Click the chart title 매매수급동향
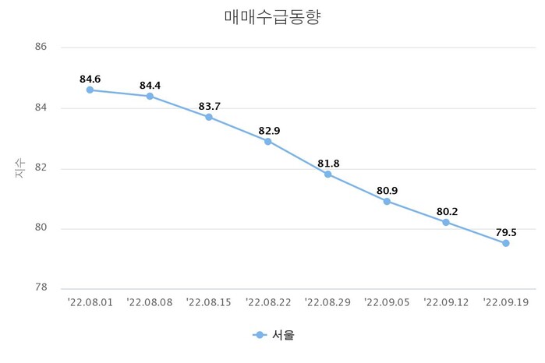coord(272,17)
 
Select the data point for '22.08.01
coord(90,90)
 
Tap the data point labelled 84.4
coord(150,97)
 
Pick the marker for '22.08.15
coord(209,117)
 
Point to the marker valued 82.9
coord(268,142)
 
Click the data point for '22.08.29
coord(327,174)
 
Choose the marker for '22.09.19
coord(505,243)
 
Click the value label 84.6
coord(90,79)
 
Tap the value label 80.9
coord(387,190)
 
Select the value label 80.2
coord(446,210)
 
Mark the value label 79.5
coord(505,231)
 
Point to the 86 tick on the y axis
coord(41,48)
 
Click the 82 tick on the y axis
coord(41,168)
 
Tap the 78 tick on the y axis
coord(41,288)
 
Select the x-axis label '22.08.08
coord(149,301)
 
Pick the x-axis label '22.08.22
coord(267,301)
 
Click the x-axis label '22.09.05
coord(387,301)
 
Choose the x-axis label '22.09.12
coord(446,301)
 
